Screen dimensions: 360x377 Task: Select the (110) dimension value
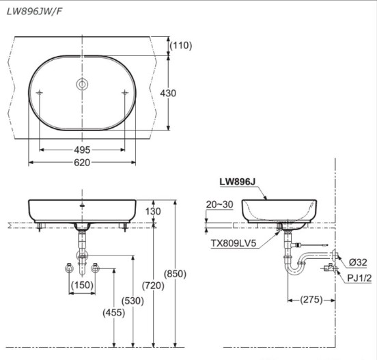181,45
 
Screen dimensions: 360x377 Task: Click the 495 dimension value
82,149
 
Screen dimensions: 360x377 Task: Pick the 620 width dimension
82,162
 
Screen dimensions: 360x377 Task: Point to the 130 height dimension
155,212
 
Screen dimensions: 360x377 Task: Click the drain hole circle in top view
82,85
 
